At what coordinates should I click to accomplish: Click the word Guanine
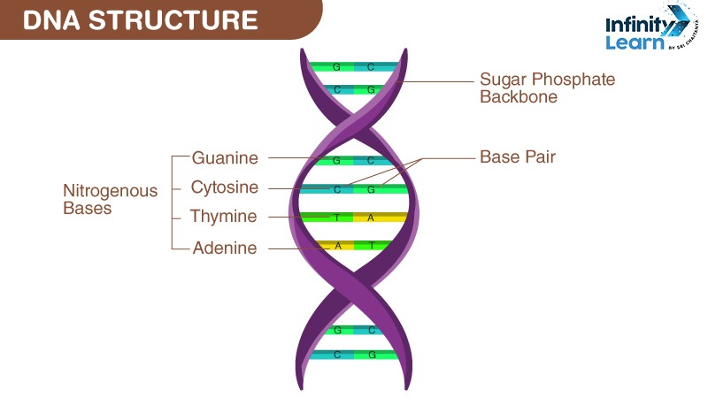[x=225, y=158]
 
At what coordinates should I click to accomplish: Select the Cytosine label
[x=225, y=187]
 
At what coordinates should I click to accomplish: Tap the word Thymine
[x=223, y=216]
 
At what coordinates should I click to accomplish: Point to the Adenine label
[x=225, y=248]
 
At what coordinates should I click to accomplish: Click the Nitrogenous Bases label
[x=110, y=200]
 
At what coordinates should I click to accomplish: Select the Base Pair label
[x=518, y=157]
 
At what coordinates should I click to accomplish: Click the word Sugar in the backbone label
[x=503, y=80]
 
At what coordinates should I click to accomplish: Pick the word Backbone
[x=519, y=96]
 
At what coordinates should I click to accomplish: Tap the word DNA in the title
[x=51, y=20]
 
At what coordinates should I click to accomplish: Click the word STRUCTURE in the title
[x=173, y=20]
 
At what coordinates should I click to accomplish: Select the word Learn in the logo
[x=635, y=42]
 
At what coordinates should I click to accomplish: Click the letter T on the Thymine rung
[x=336, y=218]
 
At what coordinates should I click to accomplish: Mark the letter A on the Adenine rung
[x=338, y=247]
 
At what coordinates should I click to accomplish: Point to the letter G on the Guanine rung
[x=336, y=161]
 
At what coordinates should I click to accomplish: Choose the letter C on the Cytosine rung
[x=337, y=190]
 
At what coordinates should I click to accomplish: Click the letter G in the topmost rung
[x=336, y=67]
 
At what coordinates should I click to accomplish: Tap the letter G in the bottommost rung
[x=372, y=355]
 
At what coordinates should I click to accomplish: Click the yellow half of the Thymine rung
[x=381, y=218]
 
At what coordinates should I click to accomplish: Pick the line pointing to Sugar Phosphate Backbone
[x=435, y=82]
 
